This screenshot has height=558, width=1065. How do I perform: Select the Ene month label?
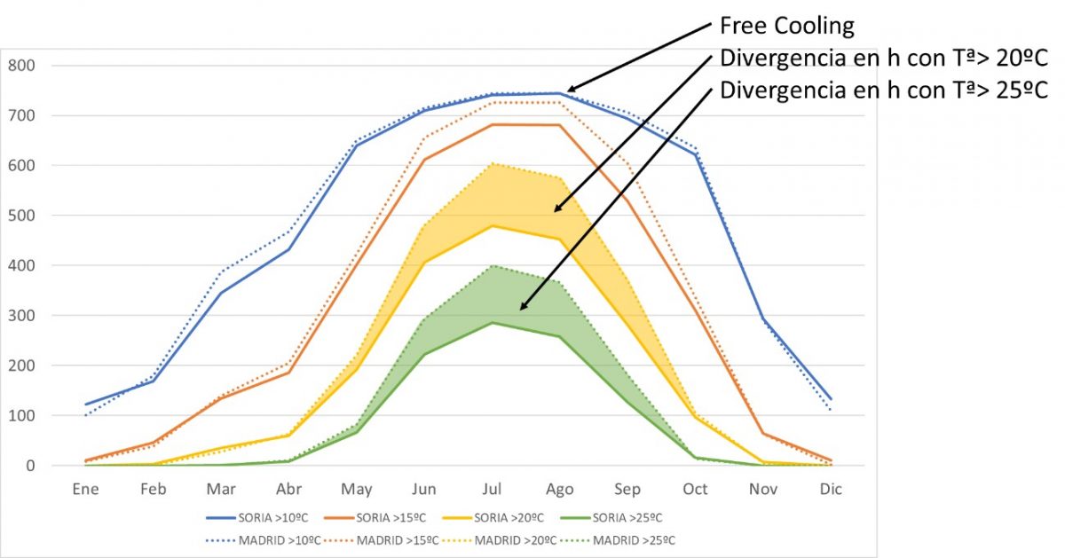[85, 489]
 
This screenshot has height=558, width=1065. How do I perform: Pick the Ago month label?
[560, 489]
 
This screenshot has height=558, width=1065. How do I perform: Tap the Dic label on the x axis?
[831, 489]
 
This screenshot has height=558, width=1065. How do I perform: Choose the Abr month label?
[288, 489]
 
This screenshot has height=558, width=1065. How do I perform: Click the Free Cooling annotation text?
[786, 27]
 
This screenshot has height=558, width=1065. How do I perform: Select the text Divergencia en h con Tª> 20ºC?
[884, 59]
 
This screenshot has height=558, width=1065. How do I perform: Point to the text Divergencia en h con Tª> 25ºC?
[884, 90]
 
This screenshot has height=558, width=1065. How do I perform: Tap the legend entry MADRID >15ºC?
[391, 539]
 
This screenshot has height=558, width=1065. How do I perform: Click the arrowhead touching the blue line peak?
[571, 90]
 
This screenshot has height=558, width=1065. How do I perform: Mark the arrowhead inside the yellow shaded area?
[558, 210]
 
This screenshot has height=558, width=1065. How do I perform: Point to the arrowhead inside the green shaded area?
[523, 308]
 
